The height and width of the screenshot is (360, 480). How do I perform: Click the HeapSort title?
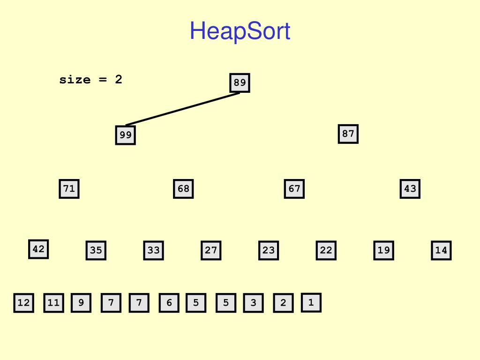point(240,31)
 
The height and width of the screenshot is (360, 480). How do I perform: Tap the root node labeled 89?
point(240,83)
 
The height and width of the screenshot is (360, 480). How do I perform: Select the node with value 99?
point(125,135)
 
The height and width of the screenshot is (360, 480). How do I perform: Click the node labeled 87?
point(348,134)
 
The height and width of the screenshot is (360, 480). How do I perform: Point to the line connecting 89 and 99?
point(183,109)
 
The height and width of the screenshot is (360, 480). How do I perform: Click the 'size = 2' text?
point(90,80)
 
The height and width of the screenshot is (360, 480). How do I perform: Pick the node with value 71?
point(69,189)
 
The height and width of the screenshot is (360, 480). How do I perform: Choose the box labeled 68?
point(183,189)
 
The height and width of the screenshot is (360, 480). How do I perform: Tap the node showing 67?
point(294,189)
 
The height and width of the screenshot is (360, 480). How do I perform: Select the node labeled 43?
point(410,189)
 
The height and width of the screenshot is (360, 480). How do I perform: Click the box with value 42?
point(38,249)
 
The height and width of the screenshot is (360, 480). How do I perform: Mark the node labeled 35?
point(96,250)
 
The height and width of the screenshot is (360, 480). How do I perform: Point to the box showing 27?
point(211,250)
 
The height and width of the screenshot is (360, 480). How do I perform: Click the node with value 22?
point(326,250)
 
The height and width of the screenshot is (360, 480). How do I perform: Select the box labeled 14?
point(441,250)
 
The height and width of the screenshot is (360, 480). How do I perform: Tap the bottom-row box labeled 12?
point(23,303)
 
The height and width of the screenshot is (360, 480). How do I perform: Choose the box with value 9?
point(81,303)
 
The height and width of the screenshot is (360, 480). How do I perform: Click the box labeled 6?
point(169,303)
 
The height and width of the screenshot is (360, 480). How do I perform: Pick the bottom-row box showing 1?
point(311,302)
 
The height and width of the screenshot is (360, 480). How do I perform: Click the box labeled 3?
point(253,303)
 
